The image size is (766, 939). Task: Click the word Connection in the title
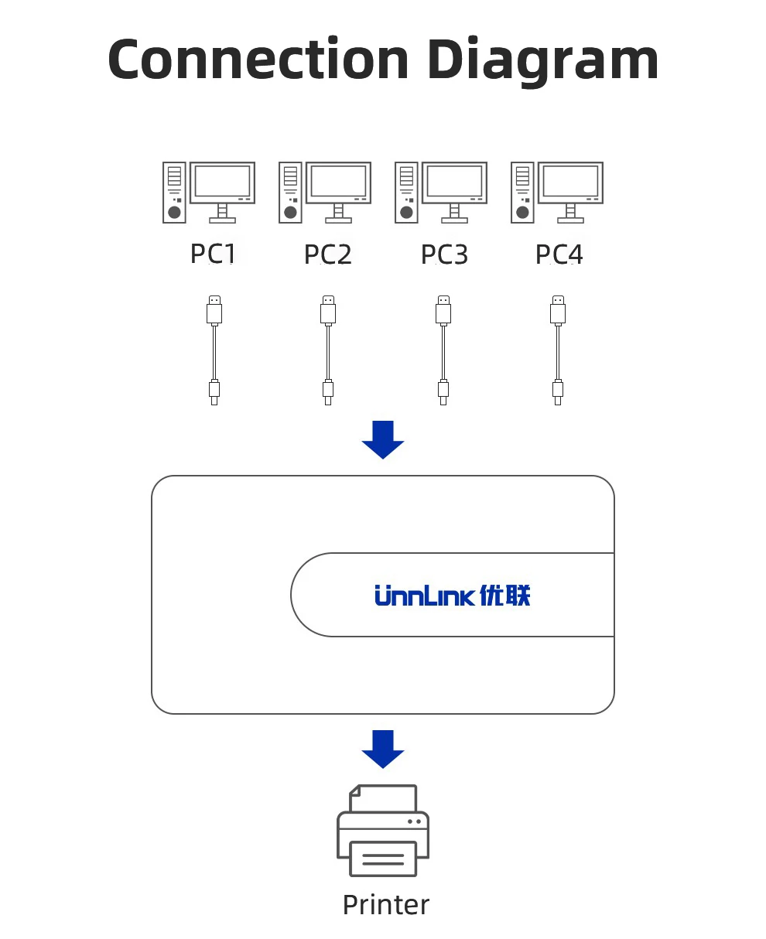[x=258, y=60]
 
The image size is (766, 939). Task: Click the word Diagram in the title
[x=543, y=62]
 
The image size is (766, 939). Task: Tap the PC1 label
[x=213, y=254]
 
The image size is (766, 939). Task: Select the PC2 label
[x=328, y=254]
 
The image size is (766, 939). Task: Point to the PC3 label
[x=444, y=254]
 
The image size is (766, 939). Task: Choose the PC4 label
[x=559, y=254]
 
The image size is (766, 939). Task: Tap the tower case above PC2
[x=290, y=193]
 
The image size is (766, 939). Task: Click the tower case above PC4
[x=522, y=193]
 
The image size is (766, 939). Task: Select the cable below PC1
[x=214, y=350]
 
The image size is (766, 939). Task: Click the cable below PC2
[x=328, y=350]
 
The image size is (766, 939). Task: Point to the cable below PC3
[x=443, y=350]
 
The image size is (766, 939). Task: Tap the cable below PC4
[x=558, y=350]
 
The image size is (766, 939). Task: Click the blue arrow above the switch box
[x=383, y=440]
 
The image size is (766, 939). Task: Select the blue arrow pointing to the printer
[x=383, y=749]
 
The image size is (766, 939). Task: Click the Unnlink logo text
[x=425, y=596]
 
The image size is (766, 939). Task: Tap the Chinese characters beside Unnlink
[x=505, y=596]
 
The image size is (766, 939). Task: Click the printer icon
[x=383, y=831]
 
